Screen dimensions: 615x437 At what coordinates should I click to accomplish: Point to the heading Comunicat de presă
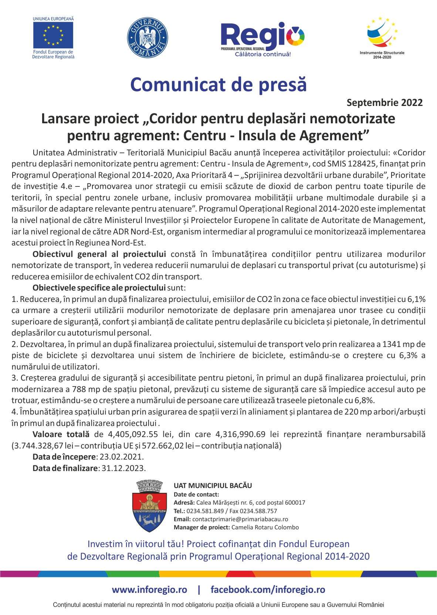(218, 84)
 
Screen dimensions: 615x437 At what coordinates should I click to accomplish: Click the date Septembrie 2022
(385, 103)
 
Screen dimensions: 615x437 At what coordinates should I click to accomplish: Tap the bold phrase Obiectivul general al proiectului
(99, 254)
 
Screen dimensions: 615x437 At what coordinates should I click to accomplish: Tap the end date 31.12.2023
(123, 468)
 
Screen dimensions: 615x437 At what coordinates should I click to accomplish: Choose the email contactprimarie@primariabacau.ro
(240, 519)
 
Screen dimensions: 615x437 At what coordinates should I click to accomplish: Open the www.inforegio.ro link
(149, 590)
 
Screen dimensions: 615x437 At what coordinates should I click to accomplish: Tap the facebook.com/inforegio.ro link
(268, 590)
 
